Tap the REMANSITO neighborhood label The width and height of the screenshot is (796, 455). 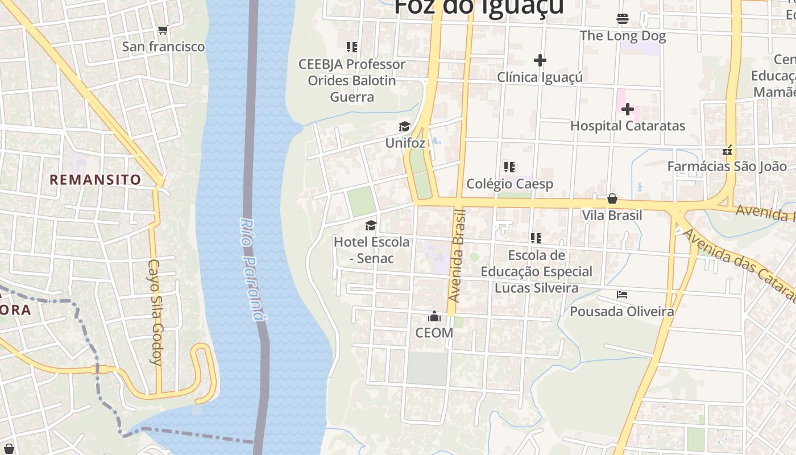pos(96,180)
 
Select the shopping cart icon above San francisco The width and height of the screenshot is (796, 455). pos(163,30)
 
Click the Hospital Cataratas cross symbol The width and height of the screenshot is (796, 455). pos(628,109)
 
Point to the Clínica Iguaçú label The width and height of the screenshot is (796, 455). pos(540,77)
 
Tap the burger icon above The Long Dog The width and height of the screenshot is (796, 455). pos(623,19)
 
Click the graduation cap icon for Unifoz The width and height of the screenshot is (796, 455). pos(404,126)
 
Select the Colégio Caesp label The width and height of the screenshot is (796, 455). pos(509,184)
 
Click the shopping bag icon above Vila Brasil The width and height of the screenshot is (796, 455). pos(612,198)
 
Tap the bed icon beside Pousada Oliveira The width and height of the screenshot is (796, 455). pos(622,295)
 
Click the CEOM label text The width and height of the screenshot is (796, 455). pos(434,333)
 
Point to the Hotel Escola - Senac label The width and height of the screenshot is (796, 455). pos(371,250)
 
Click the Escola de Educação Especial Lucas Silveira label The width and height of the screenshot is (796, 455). pos(536,271)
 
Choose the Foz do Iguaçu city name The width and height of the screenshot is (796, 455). pos(479,7)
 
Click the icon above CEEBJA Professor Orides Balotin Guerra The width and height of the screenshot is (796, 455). pos(352,47)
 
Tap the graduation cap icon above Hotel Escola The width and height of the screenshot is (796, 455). pos(371,225)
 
